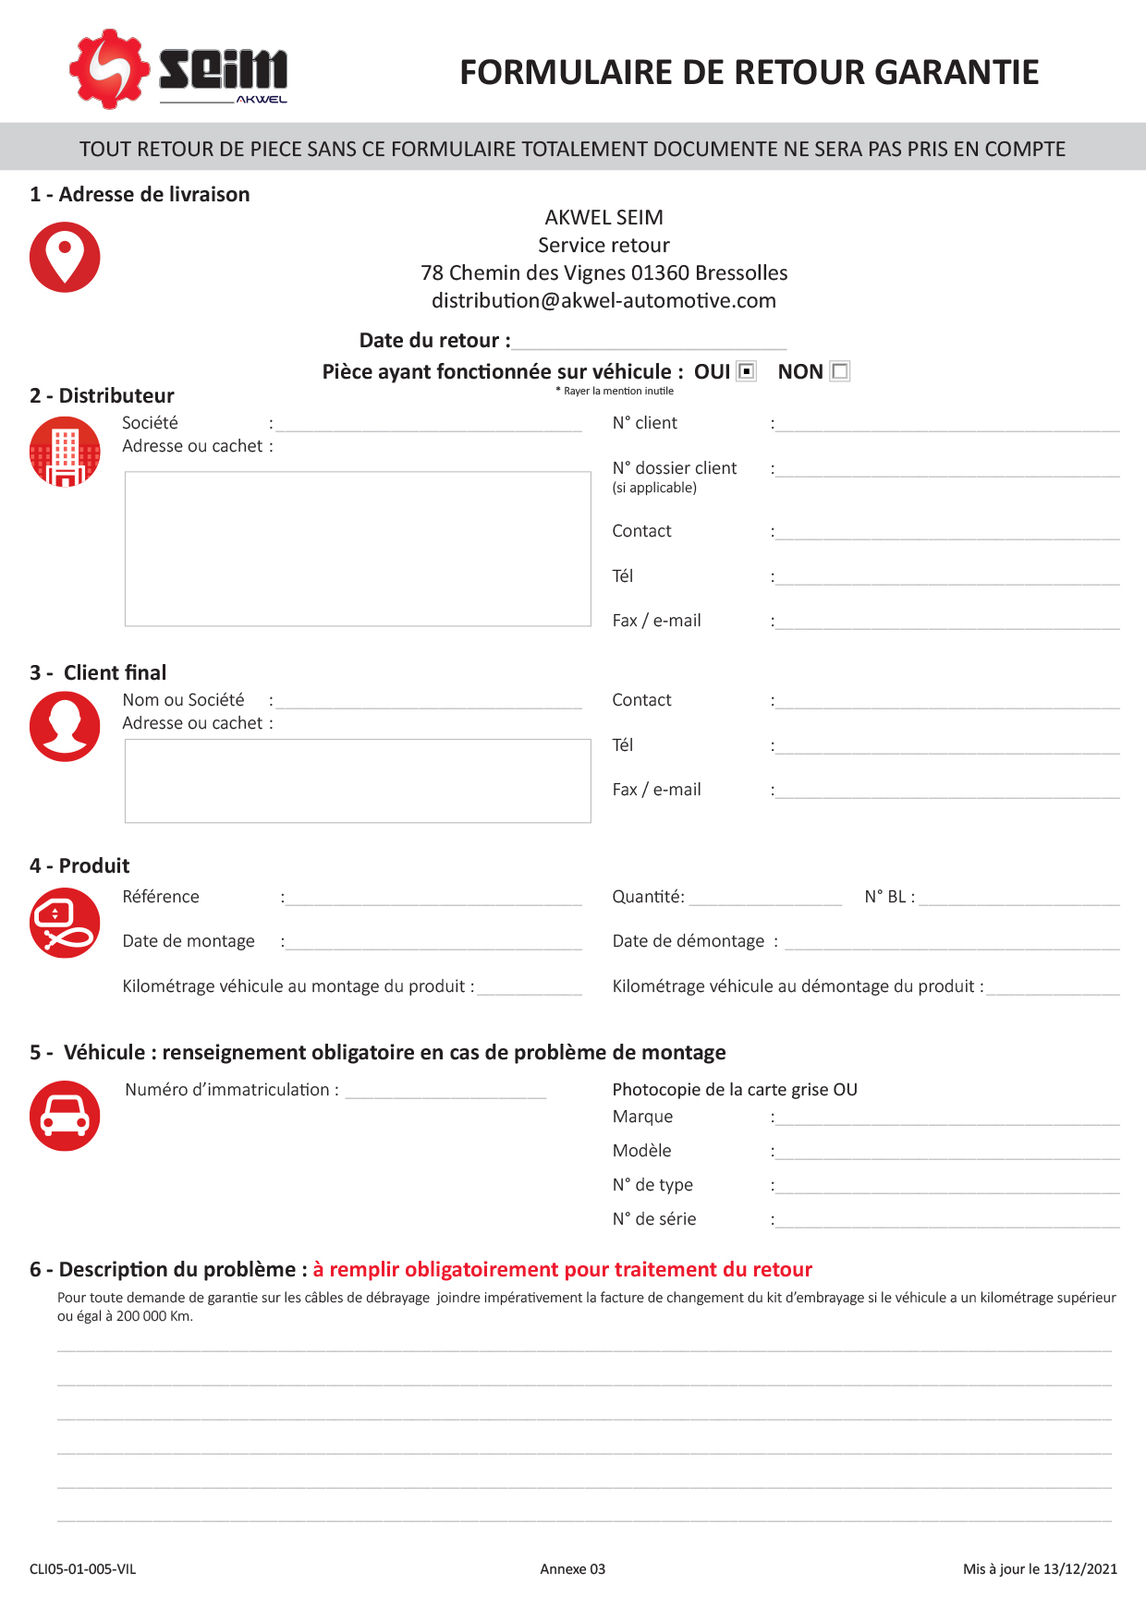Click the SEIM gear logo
click(x=109, y=68)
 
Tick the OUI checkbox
click(x=747, y=371)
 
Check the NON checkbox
click(x=839, y=371)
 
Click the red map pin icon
click(x=65, y=257)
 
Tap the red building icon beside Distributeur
click(x=65, y=451)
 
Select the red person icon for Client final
click(x=65, y=726)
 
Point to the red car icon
click(x=65, y=1116)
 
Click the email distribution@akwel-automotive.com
click(x=603, y=301)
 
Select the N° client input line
click(x=947, y=426)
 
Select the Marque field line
click(x=947, y=1119)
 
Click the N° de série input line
click(x=947, y=1222)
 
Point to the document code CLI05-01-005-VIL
click(x=83, y=1569)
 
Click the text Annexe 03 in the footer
click(x=573, y=1569)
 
